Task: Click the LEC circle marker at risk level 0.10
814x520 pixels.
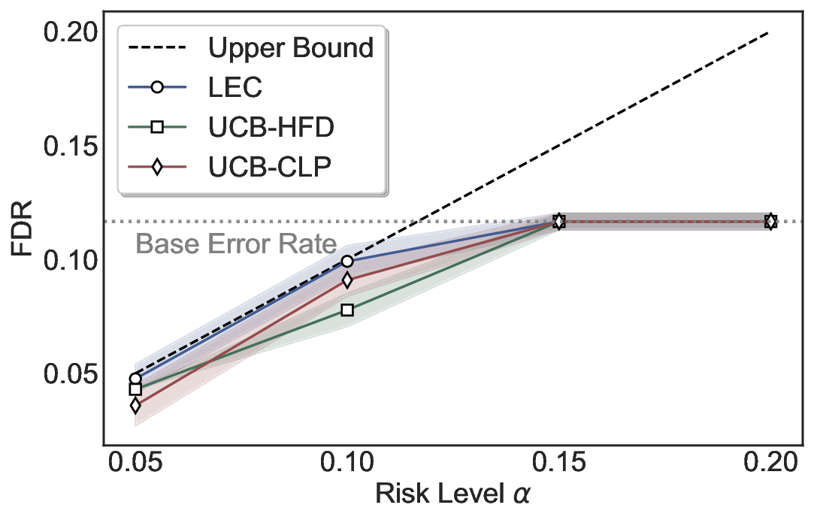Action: coord(346,262)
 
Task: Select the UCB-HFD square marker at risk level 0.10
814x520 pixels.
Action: coord(346,310)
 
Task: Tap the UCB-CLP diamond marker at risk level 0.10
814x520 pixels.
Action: coord(346,280)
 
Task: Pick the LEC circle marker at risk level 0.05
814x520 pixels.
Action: coord(135,379)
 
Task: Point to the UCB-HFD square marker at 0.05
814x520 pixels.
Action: coord(135,389)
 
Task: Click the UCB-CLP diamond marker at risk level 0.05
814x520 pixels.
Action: coord(135,406)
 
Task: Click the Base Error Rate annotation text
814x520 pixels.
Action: coord(235,244)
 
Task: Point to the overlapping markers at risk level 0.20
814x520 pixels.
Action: coord(770,222)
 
